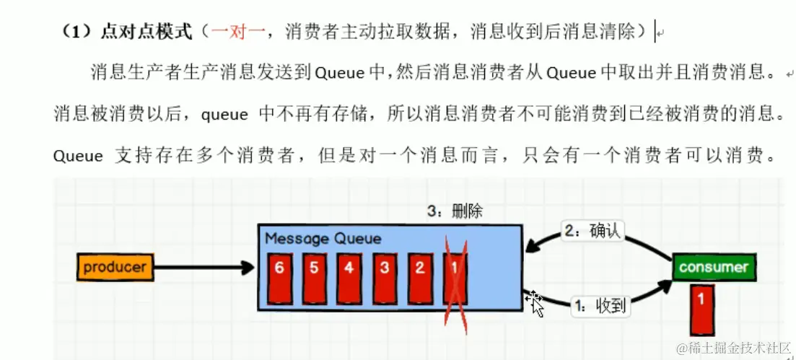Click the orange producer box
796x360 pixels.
click(115, 268)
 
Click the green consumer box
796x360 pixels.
click(713, 268)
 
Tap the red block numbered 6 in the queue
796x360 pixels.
click(279, 278)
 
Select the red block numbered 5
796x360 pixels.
click(314, 278)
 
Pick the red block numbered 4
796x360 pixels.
click(349, 278)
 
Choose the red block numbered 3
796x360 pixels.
click(385, 278)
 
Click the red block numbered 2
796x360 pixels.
click(420, 278)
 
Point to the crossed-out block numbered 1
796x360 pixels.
click(455, 278)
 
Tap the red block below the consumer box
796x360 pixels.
click(702, 309)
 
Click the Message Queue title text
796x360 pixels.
click(323, 238)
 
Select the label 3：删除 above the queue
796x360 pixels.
click(455, 211)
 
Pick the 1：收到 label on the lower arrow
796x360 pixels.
click(600, 306)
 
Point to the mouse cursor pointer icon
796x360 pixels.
click(535, 303)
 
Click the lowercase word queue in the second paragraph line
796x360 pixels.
click(224, 114)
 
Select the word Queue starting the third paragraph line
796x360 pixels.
click(78, 156)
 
